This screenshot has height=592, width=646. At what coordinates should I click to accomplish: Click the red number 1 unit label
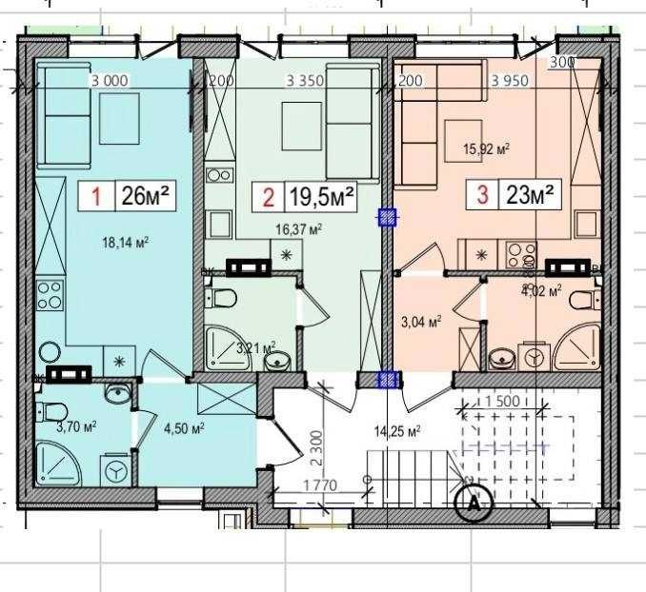click(96, 197)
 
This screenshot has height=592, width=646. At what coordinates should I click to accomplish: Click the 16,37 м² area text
click(298, 228)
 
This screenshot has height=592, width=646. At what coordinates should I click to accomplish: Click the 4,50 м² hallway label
click(185, 428)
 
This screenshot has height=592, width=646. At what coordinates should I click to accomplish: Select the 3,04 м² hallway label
click(420, 323)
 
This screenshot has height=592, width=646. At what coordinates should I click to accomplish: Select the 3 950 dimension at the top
click(510, 81)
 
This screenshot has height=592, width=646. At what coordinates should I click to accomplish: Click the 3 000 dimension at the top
click(109, 81)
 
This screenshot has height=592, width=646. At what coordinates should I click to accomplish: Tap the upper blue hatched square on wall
click(387, 217)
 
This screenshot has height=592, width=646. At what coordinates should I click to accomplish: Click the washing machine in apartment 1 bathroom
click(114, 471)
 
